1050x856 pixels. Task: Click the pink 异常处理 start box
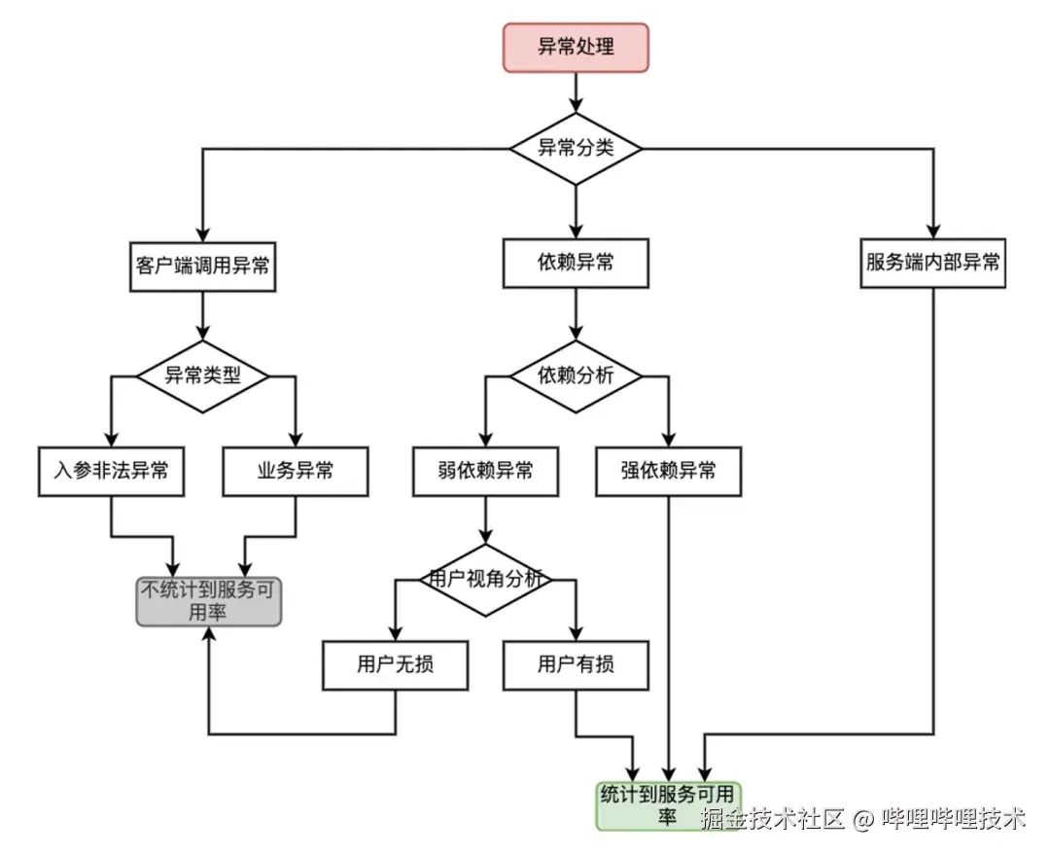coord(576,48)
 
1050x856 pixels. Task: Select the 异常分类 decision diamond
coord(576,149)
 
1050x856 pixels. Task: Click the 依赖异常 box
coord(576,264)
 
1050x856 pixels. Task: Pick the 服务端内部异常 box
coord(933,264)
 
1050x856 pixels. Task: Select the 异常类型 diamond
coord(202,376)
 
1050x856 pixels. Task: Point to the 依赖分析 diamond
coord(576,376)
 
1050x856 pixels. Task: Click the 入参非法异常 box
coord(111,472)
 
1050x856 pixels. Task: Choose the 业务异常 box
coord(295,472)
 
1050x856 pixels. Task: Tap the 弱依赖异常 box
coord(485,472)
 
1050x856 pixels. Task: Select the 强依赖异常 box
coord(668,472)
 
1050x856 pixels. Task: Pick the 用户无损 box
coord(396,665)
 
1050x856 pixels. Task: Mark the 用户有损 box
coord(576,665)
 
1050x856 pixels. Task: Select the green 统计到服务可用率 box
coord(668,805)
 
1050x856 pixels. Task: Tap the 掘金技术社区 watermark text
coord(773,819)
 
